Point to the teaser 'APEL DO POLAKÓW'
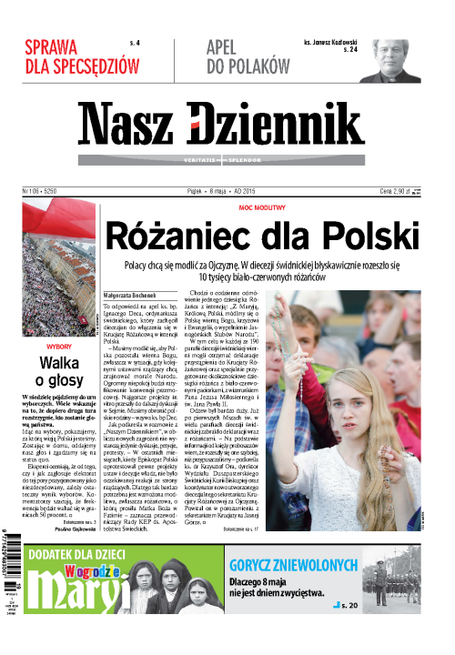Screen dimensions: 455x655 [x=235, y=56]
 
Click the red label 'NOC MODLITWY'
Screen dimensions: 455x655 [x=261, y=208]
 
